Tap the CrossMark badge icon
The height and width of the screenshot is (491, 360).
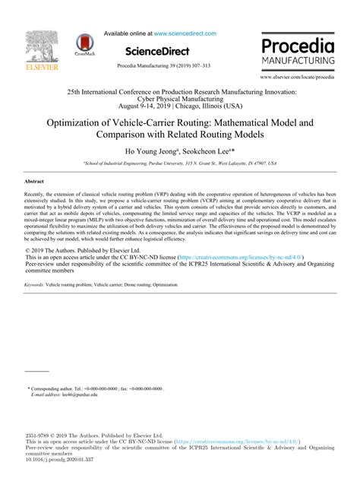pos(86,45)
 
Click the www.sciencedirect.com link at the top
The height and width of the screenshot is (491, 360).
pos(185,33)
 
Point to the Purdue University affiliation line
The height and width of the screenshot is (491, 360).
pos(180,163)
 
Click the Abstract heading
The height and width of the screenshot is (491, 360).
pos(34,183)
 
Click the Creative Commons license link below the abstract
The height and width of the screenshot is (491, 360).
pos(237,258)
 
